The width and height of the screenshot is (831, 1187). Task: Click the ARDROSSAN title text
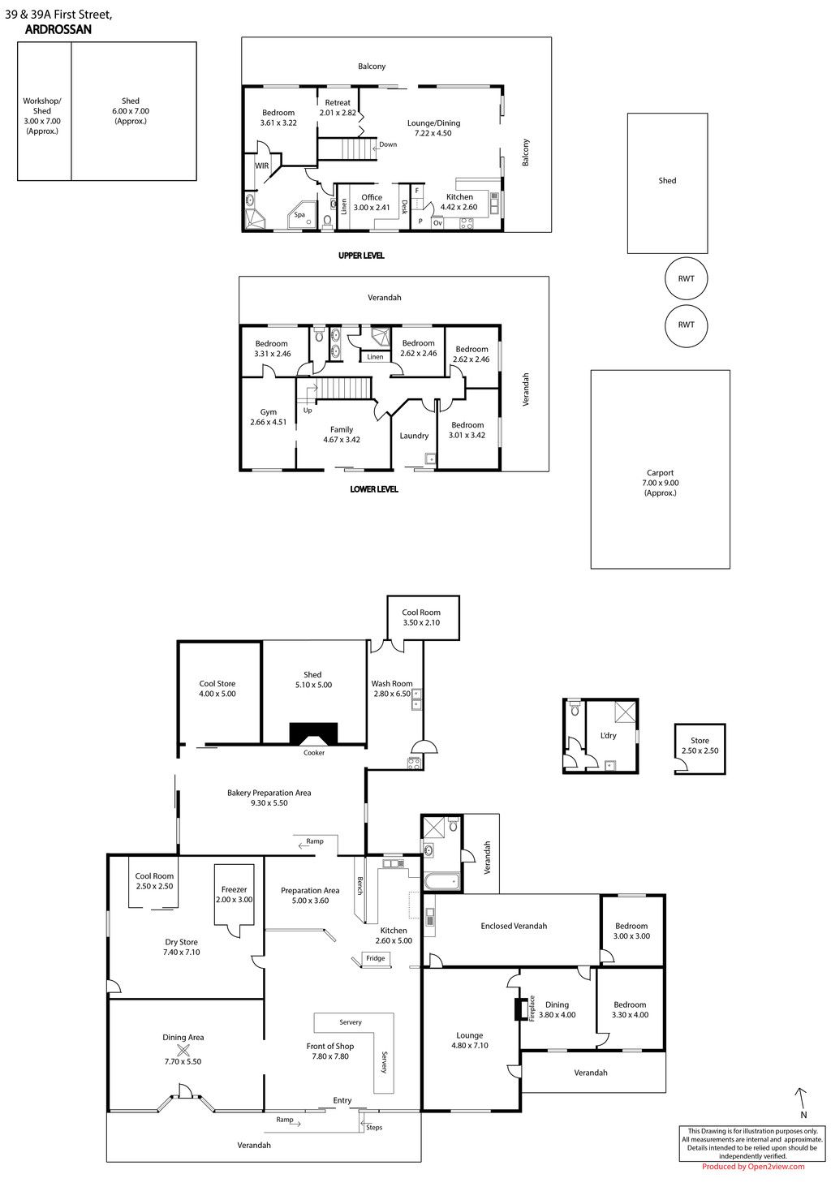pyautogui.click(x=58, y=30)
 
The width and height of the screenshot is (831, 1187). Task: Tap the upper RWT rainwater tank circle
pyautogui.click(x=687, y=278)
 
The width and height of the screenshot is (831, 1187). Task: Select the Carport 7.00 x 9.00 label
pyautogui.click(x=660, y=482)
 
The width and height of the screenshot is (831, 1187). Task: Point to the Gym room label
pyautogui.click(x=268, y=417)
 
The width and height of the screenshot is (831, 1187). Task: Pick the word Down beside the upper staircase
pyautogui.click(x=388, y=144)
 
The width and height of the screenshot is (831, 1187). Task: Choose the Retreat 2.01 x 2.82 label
pyautogui.click(x=338, y=108)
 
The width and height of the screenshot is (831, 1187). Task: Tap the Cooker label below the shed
pyautogui.click(x=314, y=752)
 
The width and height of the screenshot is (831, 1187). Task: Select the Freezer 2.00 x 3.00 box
pyautogui.click(x=234, y=895)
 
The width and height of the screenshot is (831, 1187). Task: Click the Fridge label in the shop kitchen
pyautogui.click(x=375, y=958)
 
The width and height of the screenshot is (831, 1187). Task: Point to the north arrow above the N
pyautogui.click(x=801, y=1096)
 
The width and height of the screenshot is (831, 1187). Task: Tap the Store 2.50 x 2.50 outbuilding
pyautogui.click(x=700, y=749)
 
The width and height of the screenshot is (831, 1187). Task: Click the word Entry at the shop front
pyautogui.click(x=342, y=1096)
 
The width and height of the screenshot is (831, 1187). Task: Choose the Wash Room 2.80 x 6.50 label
pyautogui.click(x=392, y=688)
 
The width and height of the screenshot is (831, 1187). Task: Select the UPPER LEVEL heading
pyautogui.click(x=361, y=256)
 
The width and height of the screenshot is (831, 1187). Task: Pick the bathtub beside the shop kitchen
pyautogui.click(x=441, y=882)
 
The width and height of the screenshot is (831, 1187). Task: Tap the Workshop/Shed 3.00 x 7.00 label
pyautogui.click(x=42, y=115)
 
